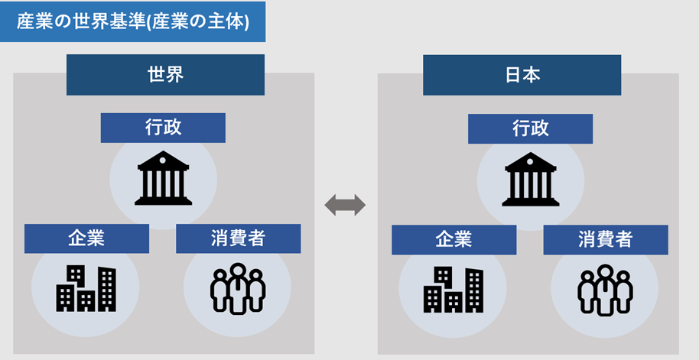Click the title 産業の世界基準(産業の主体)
tap(133, 21)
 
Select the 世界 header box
tap(165, 75)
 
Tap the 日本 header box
tap(522, 75)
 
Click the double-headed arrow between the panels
tap(345, 205)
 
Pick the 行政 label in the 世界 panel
tap(163, 128)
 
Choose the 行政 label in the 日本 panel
tap(530, 128)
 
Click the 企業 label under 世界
tap(86, 238)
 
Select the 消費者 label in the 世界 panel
tap(238, 238)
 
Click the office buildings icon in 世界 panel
tap(86, 288)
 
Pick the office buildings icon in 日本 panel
tap(454, 290)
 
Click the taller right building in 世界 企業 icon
tap(106, 289)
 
